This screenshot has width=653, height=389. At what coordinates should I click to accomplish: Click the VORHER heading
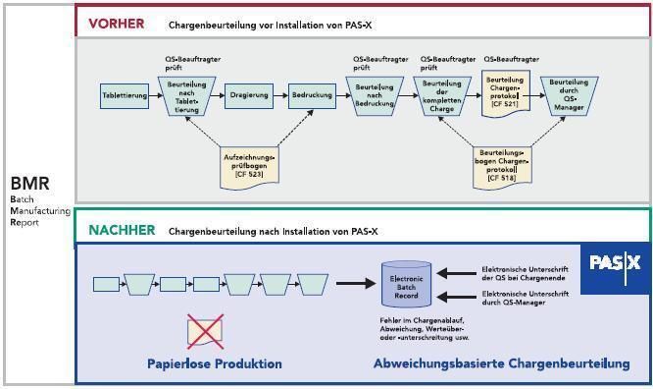click(x=117, y=23)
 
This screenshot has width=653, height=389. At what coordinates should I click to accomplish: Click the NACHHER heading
click(x=122, y=230)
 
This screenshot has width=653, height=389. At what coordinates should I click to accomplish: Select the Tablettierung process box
click(x=125, y=95)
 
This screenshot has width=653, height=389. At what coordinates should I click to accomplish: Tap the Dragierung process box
click(x=247, y=95)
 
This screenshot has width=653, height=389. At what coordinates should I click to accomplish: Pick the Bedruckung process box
click(x=311, y=95)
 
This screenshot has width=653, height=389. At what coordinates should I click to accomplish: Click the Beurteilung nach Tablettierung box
click(x=186, y=95)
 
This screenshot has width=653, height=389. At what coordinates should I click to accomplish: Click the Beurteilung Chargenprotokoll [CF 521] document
click(x=506, y=93)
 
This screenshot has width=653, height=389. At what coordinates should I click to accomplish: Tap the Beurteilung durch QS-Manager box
click(x=569, y=95)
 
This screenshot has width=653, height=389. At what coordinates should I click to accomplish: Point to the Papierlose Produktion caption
click(x=214, y=363)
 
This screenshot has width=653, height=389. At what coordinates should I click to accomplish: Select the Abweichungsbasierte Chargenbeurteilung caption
click(x=501, y=363)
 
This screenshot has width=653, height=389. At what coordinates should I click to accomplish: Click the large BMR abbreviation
click(x=29, y=184)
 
